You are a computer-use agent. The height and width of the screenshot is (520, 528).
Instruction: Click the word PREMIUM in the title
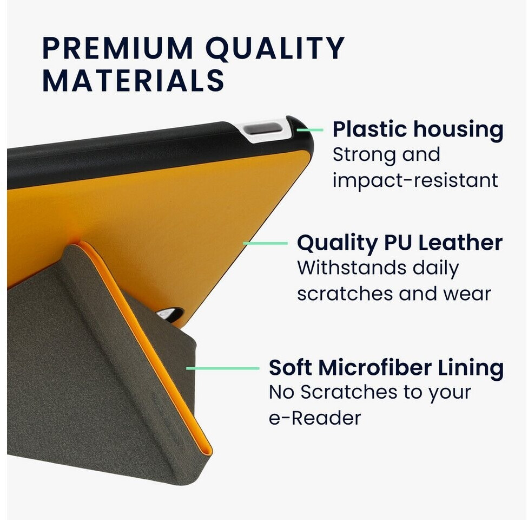(x=117, y=48)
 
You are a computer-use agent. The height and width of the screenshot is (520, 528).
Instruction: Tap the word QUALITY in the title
(x=275, y=49)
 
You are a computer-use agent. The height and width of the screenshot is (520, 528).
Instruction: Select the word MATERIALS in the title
(x=133, y=80)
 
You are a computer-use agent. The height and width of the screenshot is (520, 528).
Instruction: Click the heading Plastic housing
(x=418, y=130)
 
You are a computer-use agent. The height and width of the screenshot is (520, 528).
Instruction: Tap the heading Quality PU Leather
(x=400, y=243)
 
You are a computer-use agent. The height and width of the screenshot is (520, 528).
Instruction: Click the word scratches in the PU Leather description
(x=345, y=294)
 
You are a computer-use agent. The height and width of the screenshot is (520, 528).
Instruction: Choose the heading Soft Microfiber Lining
(x=386, y=368)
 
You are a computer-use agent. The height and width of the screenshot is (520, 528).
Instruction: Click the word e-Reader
(x=314, y=418)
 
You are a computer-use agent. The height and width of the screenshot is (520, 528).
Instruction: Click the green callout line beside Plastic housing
(x=310, y=130)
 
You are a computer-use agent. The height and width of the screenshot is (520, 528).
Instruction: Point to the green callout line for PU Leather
(x=265, y=243)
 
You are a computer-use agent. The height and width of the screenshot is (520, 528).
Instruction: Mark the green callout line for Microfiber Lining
(x=222, y=368)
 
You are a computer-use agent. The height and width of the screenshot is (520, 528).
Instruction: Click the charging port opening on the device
(x=262, y=129)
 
